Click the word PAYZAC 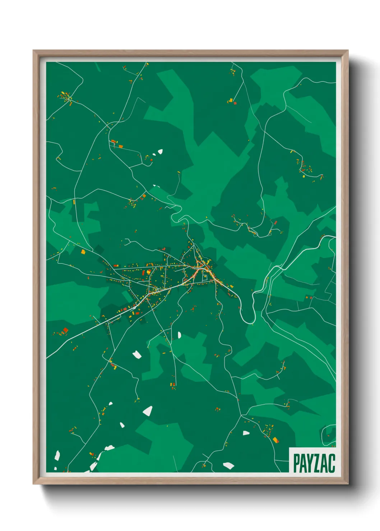(x=314, y=463)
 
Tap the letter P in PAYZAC (x=297, y=463)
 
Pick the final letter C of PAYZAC (x=332, y=463)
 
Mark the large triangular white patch (x=148, y=411)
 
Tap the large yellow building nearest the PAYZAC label (x=275, y=440)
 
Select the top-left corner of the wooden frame (x=34, y=51)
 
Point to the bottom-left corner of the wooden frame (x=34, y=483)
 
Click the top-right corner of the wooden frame (x=347, y=51)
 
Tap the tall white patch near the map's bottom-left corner (x=57, y=456)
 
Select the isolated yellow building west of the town (x=83, y=252)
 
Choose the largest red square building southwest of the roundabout (x=65, y=330)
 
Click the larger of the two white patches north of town (x=160, y=151)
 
